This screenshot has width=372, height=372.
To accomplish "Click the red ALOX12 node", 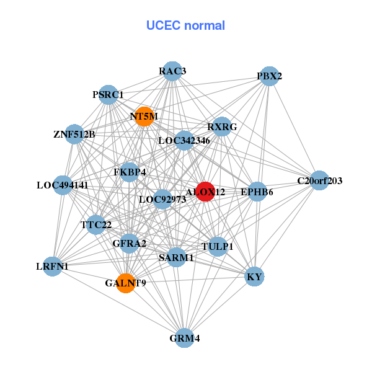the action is tap(205, 192).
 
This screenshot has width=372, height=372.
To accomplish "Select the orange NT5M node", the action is tap(144, 117).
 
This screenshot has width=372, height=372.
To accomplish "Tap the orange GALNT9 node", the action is tap(125, 283).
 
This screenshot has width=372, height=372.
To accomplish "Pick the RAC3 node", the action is tap(172, 71).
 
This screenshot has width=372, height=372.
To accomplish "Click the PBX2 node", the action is tap(268, 76).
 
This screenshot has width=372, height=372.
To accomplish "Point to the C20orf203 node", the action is tap(319, 180).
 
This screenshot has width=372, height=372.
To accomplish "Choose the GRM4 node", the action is tap(184, 338).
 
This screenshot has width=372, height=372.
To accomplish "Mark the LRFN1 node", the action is tap(53, 267).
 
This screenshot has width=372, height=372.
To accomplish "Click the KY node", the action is tap(255, 277).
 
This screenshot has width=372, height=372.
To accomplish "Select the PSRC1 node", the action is tap(108, 95).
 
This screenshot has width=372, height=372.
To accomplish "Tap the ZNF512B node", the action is tap(74, 134).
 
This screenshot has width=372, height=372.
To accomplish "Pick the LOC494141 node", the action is tap(63, 185).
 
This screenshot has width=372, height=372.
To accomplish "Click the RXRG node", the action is tap(222, 126).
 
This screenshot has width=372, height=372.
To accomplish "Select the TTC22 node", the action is tap(95, 224).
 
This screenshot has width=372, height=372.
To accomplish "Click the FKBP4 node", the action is tap(129, 172).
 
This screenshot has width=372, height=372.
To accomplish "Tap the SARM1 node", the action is tap(176, 257).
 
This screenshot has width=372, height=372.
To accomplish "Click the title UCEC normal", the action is tap(185, 25).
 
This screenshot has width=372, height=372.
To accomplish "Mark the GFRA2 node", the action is tap(129, 243).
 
